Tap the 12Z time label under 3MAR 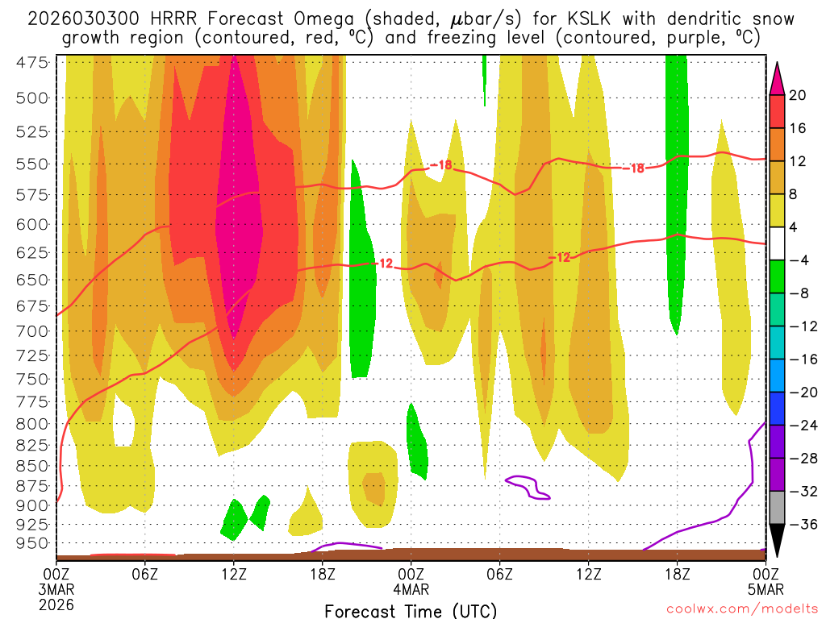[x=233, y=573]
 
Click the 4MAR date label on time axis [x=411, y=588]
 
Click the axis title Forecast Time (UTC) [x=411, y=610]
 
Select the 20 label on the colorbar [x=798, y=95]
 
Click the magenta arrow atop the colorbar [x=778, y=77]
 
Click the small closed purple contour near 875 [x=528, y=487]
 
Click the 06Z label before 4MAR [x=144, y=573]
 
